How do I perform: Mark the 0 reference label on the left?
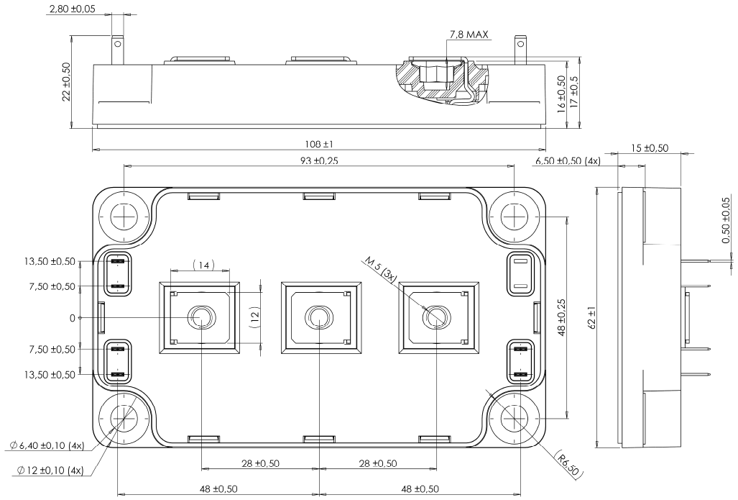[73, 317]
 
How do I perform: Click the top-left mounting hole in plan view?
[124, 215]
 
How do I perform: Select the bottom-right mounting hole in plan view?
[515, 419]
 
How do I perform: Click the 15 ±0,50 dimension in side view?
[649, 148]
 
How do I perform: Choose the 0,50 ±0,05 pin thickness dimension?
[727, 220]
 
